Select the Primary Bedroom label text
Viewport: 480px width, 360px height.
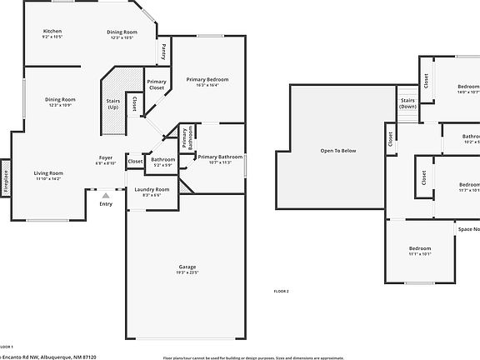tap(207, 79)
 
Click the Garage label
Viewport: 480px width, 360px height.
tap(187, 267)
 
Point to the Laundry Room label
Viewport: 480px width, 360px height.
tap(152, 189)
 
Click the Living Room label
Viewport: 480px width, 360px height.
tap(48, 172)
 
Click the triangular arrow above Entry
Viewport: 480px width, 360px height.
tap(105, 195)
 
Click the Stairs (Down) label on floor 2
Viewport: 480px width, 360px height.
tap(407, 102)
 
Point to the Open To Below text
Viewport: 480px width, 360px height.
tap(338, 151)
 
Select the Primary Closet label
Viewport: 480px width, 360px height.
tap(157, 84)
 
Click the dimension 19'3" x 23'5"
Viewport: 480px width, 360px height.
tap(187, 272)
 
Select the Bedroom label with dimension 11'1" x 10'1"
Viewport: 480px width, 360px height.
tap(420, 249)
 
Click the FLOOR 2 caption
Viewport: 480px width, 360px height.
tap(282, 291)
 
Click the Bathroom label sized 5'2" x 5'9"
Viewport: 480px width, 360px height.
tap(163, 159)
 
